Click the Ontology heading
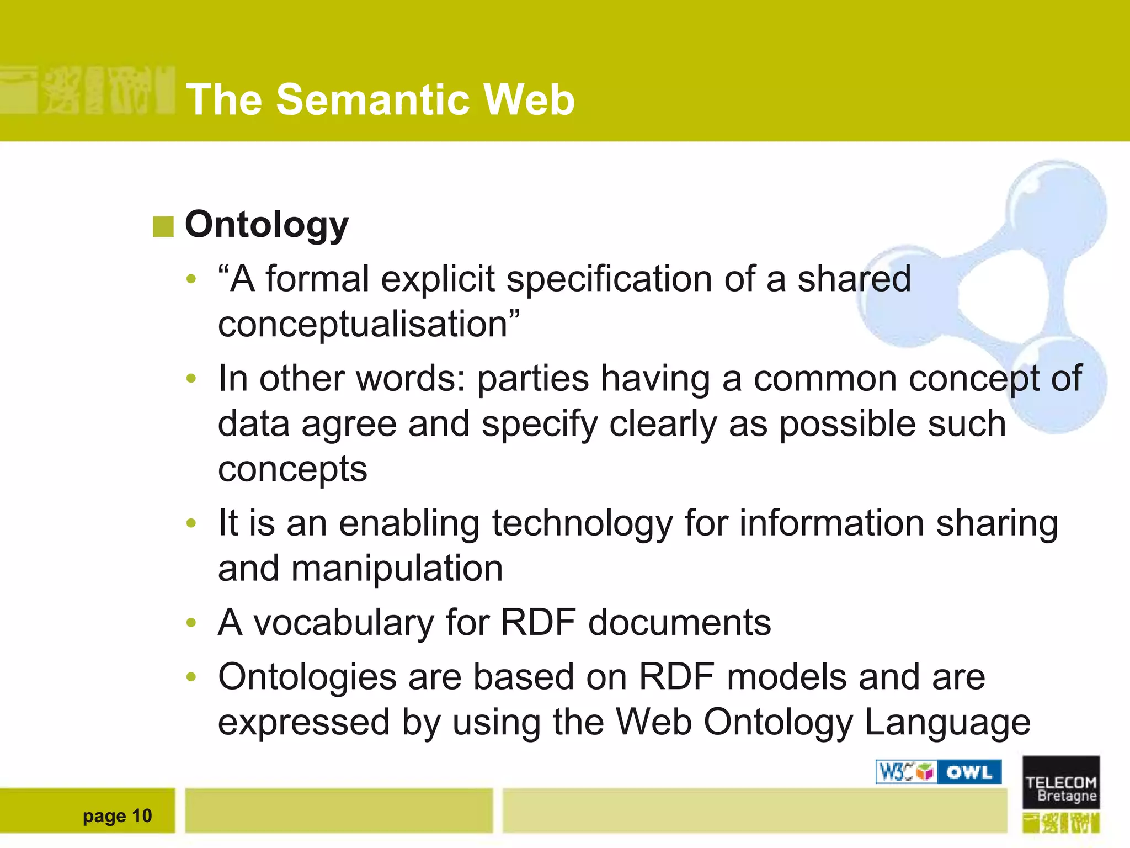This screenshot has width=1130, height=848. click(266, 225)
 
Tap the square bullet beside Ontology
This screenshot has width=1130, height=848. click(163, 226)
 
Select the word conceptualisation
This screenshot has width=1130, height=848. click(363, 324)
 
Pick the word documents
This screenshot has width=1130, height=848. click(679, 623)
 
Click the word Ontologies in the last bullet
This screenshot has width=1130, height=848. click(307, 677)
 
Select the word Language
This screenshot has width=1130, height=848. click(947, 722)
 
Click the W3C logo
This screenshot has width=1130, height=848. click(905, 772)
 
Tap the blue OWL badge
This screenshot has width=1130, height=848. click(969, 772)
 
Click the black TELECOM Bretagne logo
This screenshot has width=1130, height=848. click(1060, 782)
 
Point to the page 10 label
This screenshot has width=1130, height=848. click(117, 815)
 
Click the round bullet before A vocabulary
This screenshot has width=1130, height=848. click(191, 623)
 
